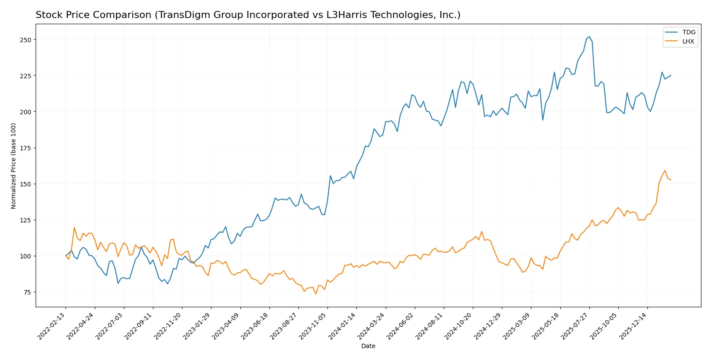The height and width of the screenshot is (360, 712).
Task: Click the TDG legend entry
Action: pyautogui.click(x=688, y=32)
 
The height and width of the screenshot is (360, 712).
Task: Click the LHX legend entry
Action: pyautogui.click(x=688, y=41)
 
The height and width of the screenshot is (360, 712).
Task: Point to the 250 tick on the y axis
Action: pyautogui.click(x=25, y=40)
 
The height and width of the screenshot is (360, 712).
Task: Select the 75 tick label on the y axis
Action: pyautogui.click(x=27, y=292)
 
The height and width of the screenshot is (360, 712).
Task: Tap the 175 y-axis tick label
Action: pyautogui.click(x=25, y=148)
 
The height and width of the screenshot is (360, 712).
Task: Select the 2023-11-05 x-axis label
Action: pyautogui.click(x=314, y=326)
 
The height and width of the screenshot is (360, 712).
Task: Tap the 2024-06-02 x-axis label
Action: pyautogui.click(x=401, y=326)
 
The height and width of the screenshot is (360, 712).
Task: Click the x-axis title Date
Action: pyautogui.click(x=368, y=346)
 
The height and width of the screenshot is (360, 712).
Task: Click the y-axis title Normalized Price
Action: pyautogui.click(x=14, y=166)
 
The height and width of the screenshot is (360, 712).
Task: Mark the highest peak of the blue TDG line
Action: pyautogui.click(x=589, y=37)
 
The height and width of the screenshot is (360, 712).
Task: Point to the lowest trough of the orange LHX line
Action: pyautogui.click(x=316, y=294)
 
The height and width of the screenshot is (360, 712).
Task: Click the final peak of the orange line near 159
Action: pyautogui.click(x=665, y=171)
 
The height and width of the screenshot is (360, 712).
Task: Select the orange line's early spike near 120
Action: pyautogui.click(x=74, y=227)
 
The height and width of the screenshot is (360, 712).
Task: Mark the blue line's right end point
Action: pyautogui.click(x=671, y=75)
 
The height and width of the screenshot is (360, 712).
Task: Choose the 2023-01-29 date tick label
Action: pyautogui.click(x=198, y=326)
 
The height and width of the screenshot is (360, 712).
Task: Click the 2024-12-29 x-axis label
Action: pyautogui.click(x=489, y=326)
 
